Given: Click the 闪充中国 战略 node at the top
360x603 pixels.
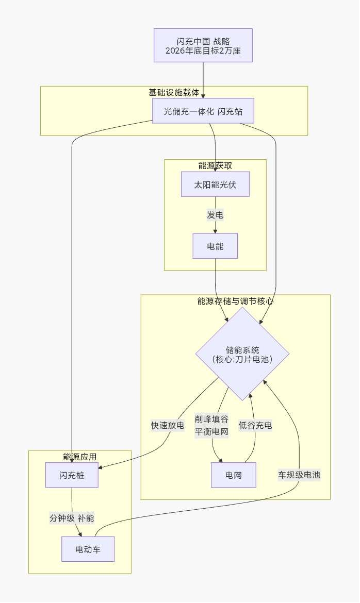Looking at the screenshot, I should pos(203,45).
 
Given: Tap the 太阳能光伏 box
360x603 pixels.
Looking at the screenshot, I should pos(215,185).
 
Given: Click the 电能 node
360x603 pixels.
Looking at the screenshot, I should pos(215,246).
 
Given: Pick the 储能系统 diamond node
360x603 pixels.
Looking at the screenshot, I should pos(242,354).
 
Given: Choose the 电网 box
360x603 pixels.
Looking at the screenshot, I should pos(233,475).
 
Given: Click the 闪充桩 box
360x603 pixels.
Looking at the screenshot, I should pos(72,475).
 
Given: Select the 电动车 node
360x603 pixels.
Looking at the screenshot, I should pos(88,549).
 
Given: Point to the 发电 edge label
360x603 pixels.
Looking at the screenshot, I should pos(215,215).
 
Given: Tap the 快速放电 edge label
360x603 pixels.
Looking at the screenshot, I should pos(167,426).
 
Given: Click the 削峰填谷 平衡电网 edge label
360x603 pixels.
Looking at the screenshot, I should pos(211,426).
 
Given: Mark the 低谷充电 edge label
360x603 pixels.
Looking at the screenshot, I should pos(255,426).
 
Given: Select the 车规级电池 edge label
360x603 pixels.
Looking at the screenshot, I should pos(299,475).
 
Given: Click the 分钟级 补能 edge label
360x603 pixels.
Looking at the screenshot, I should pos(72,518).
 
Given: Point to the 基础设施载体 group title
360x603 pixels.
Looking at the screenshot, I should pos(174,92).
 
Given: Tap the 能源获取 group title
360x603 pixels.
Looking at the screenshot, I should pos(215,165).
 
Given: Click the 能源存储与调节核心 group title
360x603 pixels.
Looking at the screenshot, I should pos(235,301).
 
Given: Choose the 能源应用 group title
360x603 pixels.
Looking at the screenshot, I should pos(79,457).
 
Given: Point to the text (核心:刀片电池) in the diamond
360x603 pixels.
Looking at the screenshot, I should pos(242,359).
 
